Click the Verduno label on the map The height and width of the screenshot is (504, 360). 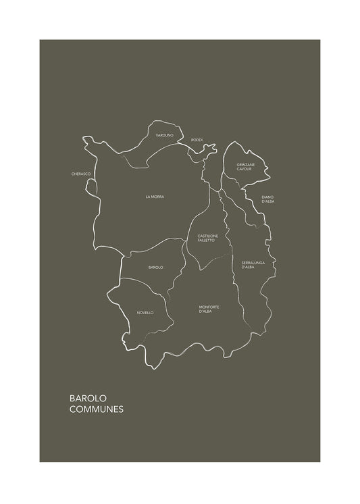[x=164, y=136]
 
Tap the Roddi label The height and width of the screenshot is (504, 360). [x=197, y=140]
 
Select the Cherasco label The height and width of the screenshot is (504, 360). [x=81, y=174]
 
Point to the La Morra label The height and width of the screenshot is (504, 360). [x=155, y=197]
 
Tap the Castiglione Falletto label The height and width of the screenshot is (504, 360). [x=206, y=238]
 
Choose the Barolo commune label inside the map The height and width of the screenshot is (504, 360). [x=155, y=268]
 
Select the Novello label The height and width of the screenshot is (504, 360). [x=145, y=313]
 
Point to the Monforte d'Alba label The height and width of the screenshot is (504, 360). [x=209, y=309]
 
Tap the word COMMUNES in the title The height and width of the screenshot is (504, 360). [x=97, y=409]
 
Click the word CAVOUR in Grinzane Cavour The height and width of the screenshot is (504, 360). [x=245, y=169]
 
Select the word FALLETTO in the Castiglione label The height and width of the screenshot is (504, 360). [x=206, y=240]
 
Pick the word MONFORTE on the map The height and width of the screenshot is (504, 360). [x=209, y=307]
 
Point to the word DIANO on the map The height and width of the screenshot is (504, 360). [x=268, y=197]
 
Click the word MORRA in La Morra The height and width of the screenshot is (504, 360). [x=157, y=197]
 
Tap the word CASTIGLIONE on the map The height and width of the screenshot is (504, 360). [x=206, y=236]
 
